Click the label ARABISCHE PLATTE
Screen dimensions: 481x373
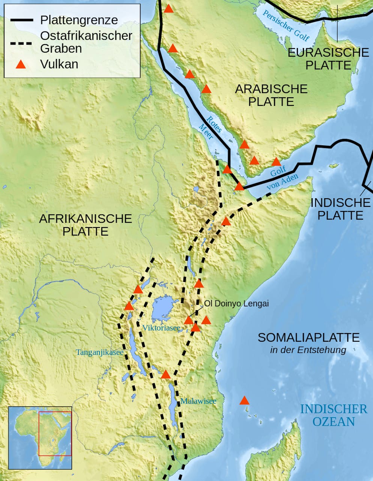pyautogui.click(x=271, y=95)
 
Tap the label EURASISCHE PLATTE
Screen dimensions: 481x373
pyautogui.click(x=328, y=59)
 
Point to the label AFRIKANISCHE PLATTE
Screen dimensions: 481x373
pyautogui.click(x=86, y=225)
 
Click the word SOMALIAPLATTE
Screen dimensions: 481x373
pyautogui.click(x=308, y=338)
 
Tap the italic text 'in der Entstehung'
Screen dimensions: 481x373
pyautogui.click(x=308, y=350)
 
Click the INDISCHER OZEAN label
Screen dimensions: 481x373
pyautogui.click(x=334, y=415)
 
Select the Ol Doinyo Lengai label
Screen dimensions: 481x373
pyautogui.click(x=236, y=304)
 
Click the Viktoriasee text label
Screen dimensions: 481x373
pyautogui.click(x=161, y=328)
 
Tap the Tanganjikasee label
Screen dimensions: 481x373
pyautogui.click(x=99, y=352)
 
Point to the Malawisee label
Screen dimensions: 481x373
pyautogui.click(x=198, y=401)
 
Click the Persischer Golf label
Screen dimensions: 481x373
pyautogui.click(x=286, y=26)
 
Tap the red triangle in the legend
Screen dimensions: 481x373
pyautogui.click(x=21, y=64)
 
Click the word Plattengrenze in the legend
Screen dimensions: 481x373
pyautogui.click(x=79, y=20)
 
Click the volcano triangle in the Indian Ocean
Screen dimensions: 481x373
pyautogui.click(x=244, y=400)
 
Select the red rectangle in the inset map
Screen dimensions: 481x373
pyautogui.click(x=55, y=434)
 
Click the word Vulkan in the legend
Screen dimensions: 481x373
pyautogui.click(x=59, y=64)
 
